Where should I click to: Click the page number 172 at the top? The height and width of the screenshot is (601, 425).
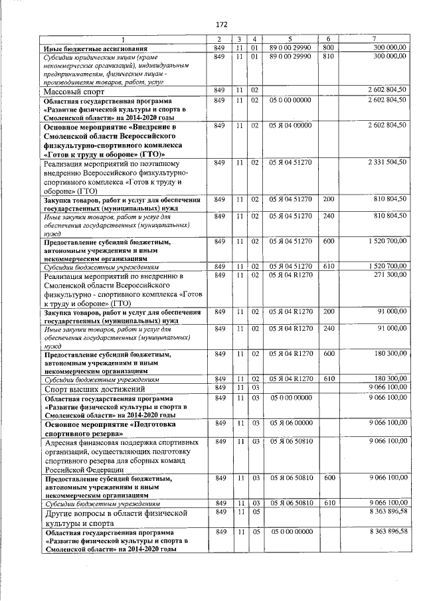coord(222,25)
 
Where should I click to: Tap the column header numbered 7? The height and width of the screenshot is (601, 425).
coord(375,40)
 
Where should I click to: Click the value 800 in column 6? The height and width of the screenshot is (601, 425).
coord(327,48)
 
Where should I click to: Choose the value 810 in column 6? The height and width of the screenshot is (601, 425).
coord(327,57)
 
